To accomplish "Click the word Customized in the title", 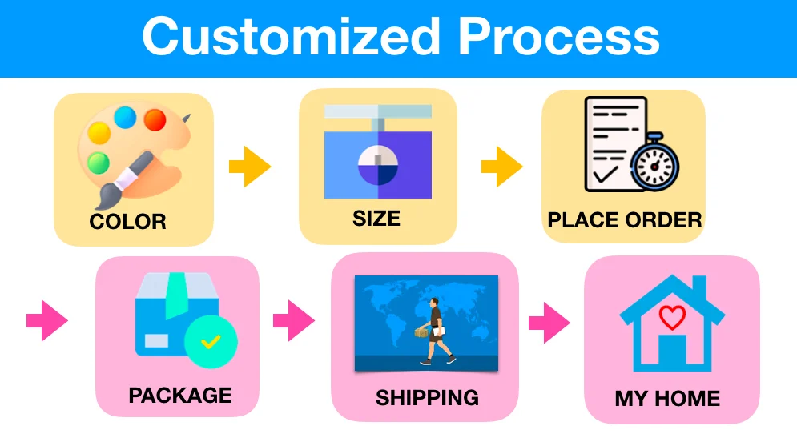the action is [291, 37].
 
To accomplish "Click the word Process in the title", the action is [558, 37].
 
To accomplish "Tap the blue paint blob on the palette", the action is [125, 117].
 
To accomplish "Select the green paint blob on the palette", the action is [98, 163].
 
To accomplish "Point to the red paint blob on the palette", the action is [155, 120].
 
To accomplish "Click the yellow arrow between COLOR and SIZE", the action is [250, 167].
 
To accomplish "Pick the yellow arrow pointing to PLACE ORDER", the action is [501, 167].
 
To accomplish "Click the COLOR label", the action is [127, 222].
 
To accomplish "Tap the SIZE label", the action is [376, 219].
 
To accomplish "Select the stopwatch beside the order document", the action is [654, 163].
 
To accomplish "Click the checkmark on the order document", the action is [606, 174].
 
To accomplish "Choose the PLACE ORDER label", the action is [625, 220].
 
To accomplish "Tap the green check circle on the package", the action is [211, 341].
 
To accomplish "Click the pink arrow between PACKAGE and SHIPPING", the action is [294, 320].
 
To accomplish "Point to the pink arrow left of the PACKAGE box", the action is [46, 320].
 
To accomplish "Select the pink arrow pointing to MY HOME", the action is [549, 323].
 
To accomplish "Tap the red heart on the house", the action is [672, 318].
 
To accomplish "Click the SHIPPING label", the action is [427, 398].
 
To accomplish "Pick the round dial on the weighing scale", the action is [377, 165].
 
